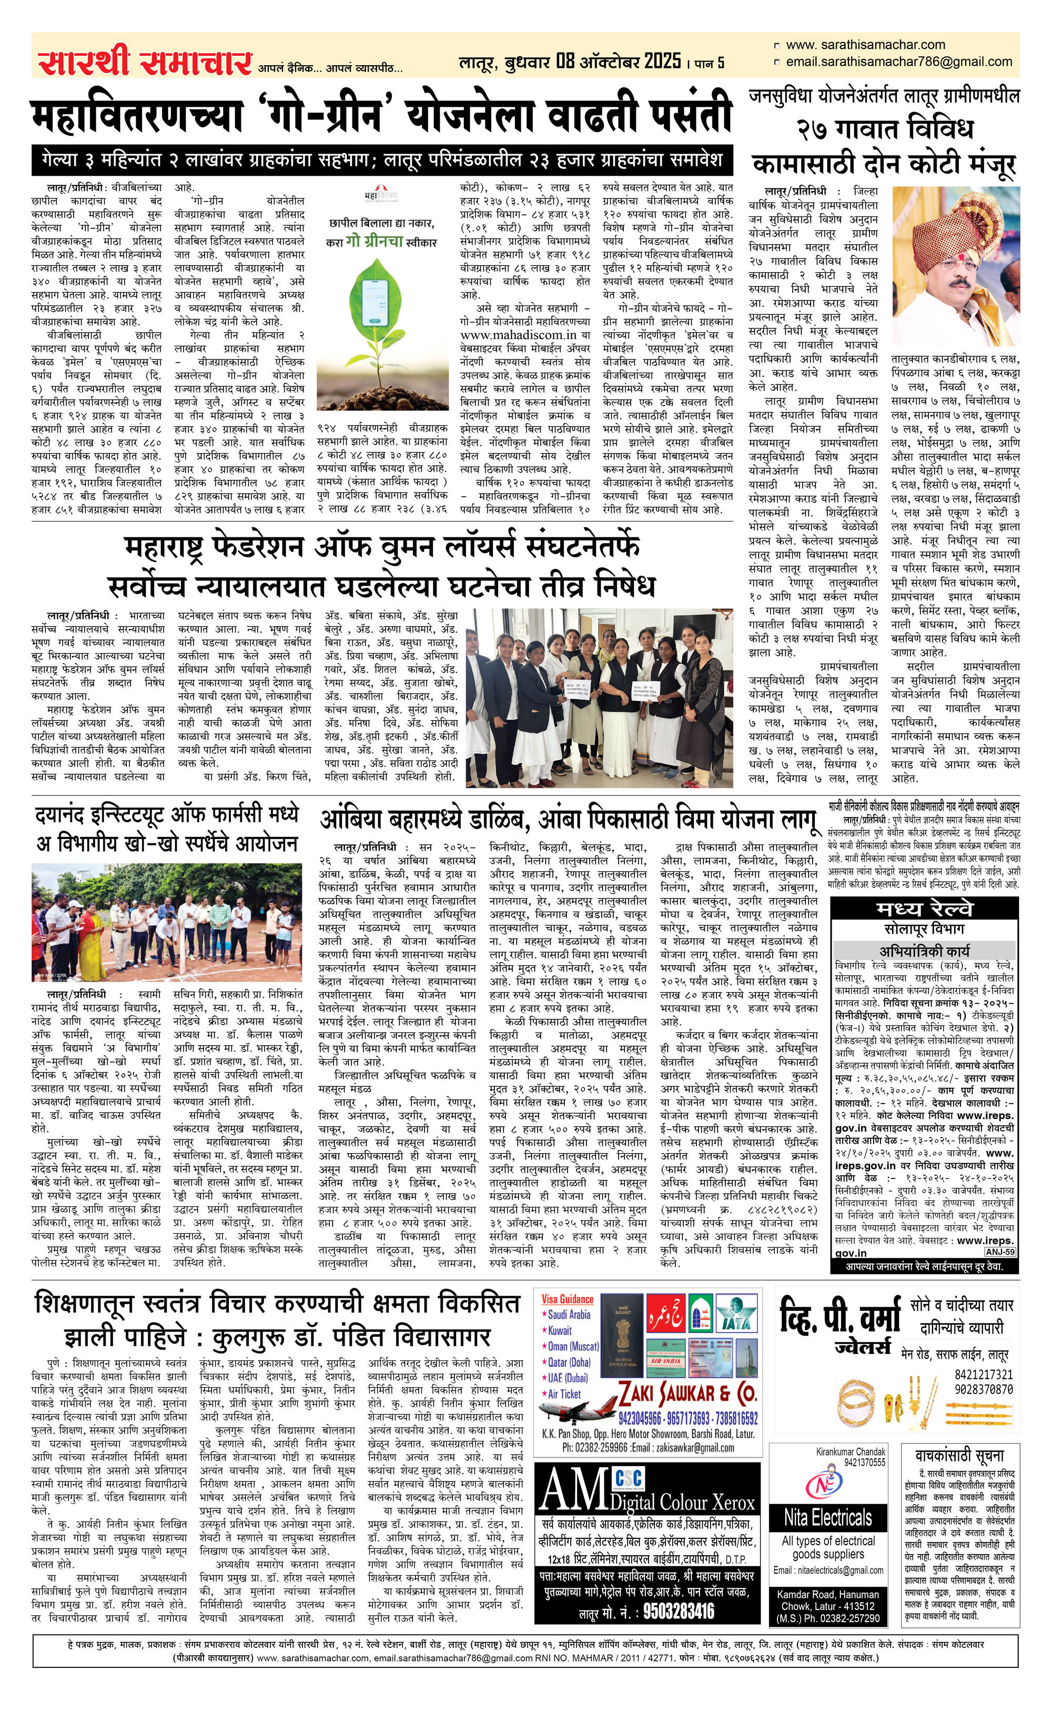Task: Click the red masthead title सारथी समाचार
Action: pos(144,63)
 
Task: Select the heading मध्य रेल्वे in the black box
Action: pos(925,909)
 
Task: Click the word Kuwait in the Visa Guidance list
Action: pos(560,1330)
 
